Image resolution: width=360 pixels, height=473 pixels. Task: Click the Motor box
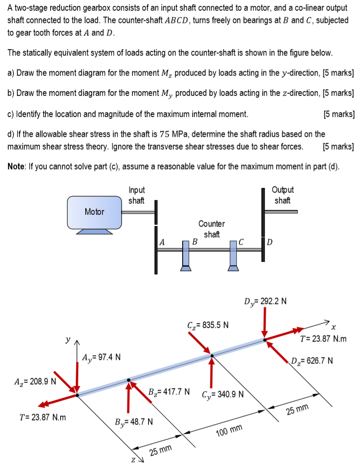point(94,212)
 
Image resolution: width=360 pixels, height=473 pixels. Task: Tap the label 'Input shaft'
point(136,195)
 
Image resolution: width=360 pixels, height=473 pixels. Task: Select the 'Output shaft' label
point(282,195)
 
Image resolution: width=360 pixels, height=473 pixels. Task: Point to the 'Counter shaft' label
point(212,229)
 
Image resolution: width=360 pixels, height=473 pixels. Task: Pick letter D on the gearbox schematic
point(269,242)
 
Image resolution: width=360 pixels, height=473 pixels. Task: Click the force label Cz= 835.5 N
point(208,324)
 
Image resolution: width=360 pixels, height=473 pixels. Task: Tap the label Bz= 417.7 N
point(169,392)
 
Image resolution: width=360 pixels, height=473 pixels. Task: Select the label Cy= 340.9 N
point(223,394)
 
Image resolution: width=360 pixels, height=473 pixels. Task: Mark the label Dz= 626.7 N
point(312,360)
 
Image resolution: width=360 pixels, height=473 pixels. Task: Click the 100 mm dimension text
point(229,430)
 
